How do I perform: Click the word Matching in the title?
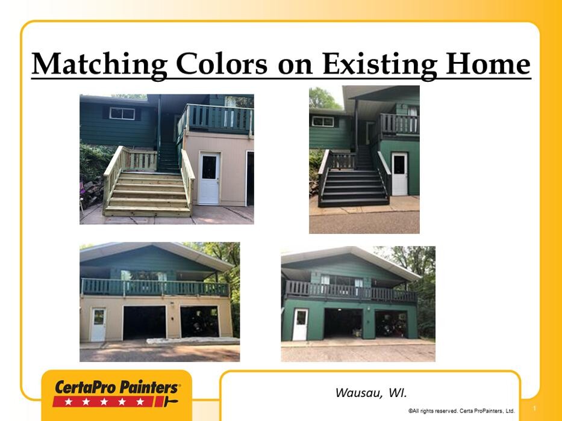[99, 64]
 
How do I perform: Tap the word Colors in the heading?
[222, 64]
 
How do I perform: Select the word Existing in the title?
[379, 64]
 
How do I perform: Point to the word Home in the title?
[488, 64]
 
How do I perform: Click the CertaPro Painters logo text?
[116, 388]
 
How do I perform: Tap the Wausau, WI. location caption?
[371, 393]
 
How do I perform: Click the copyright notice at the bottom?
[461, 411]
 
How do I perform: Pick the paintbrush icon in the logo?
[170, 401]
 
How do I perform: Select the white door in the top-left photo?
[209, 178]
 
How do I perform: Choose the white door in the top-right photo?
[399, 174]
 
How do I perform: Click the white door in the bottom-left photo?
[98, 325]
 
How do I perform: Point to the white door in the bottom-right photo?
[301, 325]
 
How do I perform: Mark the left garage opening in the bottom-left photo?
[145, 322]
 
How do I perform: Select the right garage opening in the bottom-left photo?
[199, 321]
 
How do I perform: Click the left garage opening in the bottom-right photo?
[343, 323]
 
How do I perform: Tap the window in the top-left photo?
[122, 114]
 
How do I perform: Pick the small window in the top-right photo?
[323, 121]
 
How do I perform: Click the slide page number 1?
[534, 408]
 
